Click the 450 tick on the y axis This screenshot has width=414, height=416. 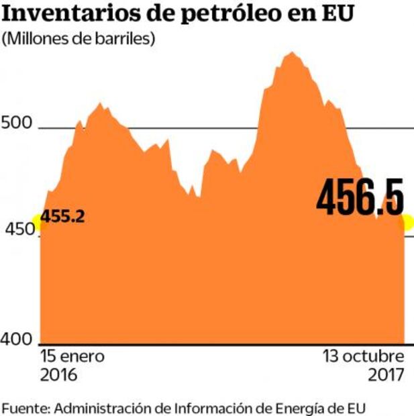[16, 231]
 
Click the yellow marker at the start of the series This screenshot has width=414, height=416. [40, 222]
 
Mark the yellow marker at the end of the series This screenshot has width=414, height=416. [407, 221]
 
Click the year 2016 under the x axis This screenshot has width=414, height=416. [59, 374]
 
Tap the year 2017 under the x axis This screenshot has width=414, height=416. [386, 374]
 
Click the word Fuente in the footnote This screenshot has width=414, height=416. [25, 407]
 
